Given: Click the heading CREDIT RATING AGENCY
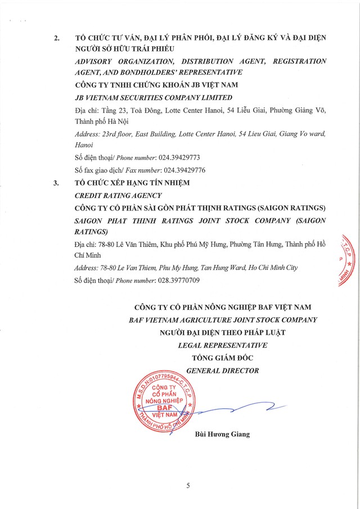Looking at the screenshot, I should (118, 195).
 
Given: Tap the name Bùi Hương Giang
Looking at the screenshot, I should (222, 434).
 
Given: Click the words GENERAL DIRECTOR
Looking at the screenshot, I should (222, 370).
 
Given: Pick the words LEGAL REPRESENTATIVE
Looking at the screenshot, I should (222, 345).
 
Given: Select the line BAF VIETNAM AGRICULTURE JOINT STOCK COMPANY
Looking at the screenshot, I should (222, 319).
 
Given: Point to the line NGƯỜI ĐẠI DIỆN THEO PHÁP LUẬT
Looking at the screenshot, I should (222, 332).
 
